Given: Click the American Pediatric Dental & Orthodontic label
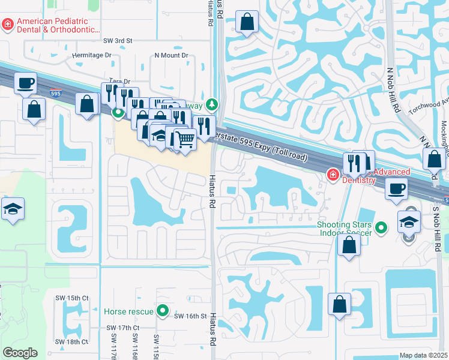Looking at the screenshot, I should (x=58, y=25).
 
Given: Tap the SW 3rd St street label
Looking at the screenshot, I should (x=118, y=41).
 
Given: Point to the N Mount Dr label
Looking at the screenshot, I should (x=171, y=55).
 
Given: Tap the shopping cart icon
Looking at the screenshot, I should (x=185, y=139).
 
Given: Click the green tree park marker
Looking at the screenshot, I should (x=211, y=106).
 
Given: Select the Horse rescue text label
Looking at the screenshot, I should (x=128, y=311).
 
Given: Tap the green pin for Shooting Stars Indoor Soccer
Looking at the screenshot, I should (x=381, y=227).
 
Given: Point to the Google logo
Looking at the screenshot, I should (x=20, y=353).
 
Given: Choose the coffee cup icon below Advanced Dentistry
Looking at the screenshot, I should (x=396, y=188).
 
